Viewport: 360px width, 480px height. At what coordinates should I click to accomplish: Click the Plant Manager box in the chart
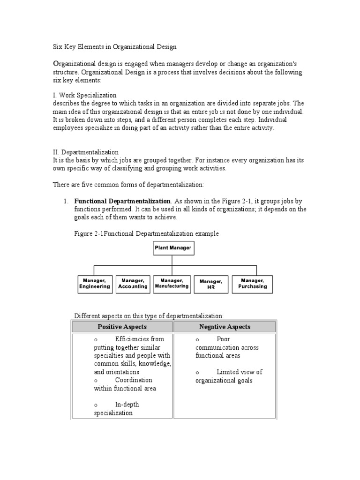coord(174,248)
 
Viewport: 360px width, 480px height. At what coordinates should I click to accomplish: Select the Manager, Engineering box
coord(95,284)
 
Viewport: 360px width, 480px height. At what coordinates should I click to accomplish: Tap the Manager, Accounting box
coord(133,284)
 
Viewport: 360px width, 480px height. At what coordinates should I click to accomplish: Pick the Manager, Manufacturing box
coord(172,284)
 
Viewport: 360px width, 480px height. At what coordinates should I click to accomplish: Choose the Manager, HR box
coord(211,284)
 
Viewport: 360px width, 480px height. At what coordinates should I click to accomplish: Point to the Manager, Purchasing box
coord(252,284)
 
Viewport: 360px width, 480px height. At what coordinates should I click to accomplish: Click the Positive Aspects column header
coord(122,327)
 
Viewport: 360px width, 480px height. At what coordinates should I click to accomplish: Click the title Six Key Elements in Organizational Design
coord(114,47)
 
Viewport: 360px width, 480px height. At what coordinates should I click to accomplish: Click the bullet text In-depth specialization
coord(115,409)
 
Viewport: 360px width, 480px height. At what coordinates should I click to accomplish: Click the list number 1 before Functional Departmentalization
coord(66,201)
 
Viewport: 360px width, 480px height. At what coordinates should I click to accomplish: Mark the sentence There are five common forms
coord(128,185)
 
